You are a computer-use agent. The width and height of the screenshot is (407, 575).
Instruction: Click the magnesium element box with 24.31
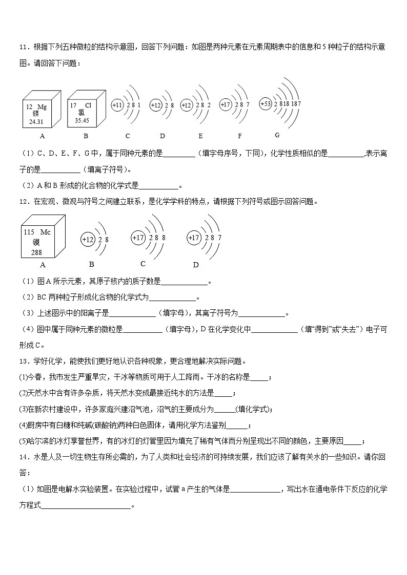[x=39, y=112]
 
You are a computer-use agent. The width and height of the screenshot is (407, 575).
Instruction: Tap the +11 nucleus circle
[x=117, y=105]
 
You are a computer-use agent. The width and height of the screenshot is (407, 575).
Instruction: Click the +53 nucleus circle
[x=266, y=103]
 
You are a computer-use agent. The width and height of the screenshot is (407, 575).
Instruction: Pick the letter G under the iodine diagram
[x=277, y=135]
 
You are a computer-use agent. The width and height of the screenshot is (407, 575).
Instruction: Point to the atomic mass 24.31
[x=36, y=122]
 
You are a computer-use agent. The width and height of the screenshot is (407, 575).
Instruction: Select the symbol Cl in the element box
[x=88, y=105]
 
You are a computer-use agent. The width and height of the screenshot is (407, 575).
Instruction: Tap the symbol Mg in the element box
[x=42, y=107]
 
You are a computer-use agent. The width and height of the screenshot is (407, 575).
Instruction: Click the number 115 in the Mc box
[x=29, y=232]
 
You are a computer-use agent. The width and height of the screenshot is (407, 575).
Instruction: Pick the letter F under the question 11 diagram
[x=239, y=136]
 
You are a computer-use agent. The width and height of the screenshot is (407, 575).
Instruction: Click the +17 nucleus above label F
[x=226, y=104]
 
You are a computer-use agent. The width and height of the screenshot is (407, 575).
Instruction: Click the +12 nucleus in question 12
[x=88, y=239]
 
